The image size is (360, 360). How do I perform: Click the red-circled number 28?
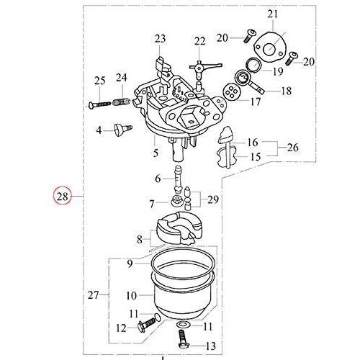pos(63,197)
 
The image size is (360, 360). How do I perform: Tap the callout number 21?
pos(273,14)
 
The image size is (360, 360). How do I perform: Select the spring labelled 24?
pos(121,102)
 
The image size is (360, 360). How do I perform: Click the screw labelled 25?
pos(99,104)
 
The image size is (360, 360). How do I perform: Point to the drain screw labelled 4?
pos(123,129)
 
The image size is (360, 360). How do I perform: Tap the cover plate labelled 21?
pos(269,47)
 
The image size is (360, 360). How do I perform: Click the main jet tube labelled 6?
pos(179,179)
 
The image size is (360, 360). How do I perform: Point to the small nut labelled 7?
pos(175,201)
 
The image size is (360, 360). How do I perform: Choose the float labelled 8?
pos(179,228)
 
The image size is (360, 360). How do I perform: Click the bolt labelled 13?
pos(184,338)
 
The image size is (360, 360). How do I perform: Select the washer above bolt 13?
pos(183,325)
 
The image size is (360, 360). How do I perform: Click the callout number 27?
pos(93,294)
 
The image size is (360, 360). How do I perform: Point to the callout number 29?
pos(213,199)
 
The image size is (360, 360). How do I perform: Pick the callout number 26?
pos(292,147)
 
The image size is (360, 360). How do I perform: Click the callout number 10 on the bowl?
pos(131,296)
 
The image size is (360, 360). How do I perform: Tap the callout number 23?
pos(160,39)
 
